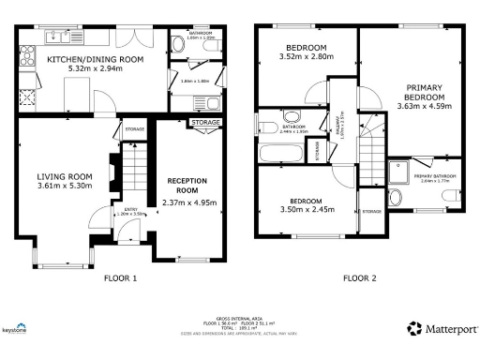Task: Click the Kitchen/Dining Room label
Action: pos(95,58)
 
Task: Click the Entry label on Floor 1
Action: pos(124,209)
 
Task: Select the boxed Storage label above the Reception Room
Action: pos(205,122)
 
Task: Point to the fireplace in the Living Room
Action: pos(112,172)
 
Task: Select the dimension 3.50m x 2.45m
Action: pos(307,211)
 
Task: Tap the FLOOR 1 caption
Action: pos(120,277)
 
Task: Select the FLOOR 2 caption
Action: pos(359,277)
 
